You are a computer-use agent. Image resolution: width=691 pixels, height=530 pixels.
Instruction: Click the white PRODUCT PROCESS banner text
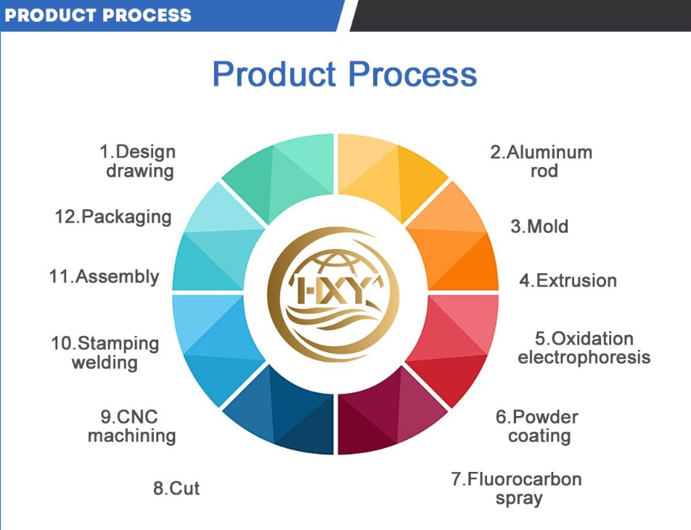[x=98, y=15]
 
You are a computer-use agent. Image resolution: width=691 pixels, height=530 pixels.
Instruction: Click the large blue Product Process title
[x=345, y=74]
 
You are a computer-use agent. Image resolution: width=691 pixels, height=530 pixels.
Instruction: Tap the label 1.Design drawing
[x=137, y=161]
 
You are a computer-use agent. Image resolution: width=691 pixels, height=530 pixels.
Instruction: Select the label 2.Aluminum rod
[x=541, y=161]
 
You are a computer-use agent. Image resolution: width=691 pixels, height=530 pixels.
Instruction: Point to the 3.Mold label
[x=539, y=227]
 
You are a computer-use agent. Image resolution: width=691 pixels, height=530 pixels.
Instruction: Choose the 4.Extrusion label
[x=568, y=280]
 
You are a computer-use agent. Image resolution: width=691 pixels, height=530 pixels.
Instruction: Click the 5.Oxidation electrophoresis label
[x=584, y=348]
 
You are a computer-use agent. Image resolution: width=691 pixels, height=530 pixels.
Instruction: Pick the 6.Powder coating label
[x=537, y=426]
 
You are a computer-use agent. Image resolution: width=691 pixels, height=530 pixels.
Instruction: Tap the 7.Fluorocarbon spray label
[x=517, y=489]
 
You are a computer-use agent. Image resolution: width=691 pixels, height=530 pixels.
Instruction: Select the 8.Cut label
[x=176, y=488]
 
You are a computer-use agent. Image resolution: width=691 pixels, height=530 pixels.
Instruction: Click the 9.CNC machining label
[x=132, y=426]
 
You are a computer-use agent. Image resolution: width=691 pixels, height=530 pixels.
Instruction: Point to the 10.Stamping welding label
[x=105, y=353]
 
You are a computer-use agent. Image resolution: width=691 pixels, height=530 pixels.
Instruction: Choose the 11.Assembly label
[x=104, y=277]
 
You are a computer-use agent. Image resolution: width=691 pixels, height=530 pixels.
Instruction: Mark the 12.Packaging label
[x=113, y=217]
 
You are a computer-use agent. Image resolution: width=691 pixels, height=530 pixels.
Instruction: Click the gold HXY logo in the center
[x=334, y=295]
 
